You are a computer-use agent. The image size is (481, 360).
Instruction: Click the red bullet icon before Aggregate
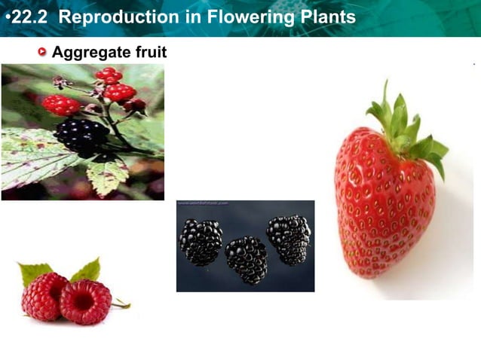point(42,52)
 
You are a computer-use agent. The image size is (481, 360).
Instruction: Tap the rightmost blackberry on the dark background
point(289,239)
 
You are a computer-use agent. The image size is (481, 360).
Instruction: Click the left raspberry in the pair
point(44,296)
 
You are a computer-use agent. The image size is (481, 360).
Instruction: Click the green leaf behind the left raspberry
point(35,272)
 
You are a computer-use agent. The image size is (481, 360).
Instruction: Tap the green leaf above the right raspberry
point(87,269)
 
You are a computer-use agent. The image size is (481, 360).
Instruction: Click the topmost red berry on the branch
point(109,75)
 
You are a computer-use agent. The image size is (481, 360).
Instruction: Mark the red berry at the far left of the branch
point(61,105)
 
